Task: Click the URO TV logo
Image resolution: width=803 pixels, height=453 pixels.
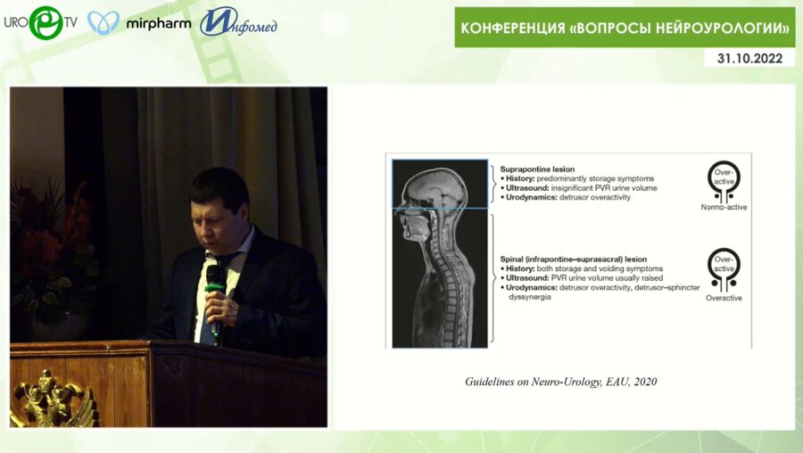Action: (39, 22)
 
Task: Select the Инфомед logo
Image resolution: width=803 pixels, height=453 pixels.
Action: (238, 22)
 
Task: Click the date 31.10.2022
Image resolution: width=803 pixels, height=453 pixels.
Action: (749, 59)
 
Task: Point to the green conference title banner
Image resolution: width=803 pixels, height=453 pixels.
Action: (625, 28)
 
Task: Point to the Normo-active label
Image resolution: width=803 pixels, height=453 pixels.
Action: (724, 207)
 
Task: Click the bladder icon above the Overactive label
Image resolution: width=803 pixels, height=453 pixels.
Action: (724, 269)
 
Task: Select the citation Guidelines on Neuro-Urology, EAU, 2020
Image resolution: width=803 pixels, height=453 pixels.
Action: (560, 381)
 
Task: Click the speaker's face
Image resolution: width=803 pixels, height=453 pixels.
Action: (218, 222)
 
